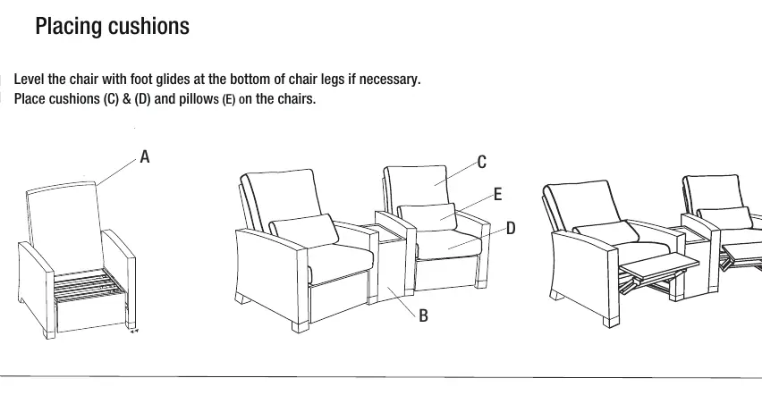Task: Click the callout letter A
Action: pos(144,157)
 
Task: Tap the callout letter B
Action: pos(423,315)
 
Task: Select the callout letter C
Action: pos(481,162)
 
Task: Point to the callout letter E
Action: pos(497,194)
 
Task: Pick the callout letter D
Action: pos(511,228)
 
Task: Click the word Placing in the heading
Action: pos(69,27)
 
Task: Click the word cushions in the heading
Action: pos(148,26)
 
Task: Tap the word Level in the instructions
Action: pos(30,79)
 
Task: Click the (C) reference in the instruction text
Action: pos(111,98)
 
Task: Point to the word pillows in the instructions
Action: pos(199,99)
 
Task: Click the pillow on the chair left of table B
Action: pos(304,231)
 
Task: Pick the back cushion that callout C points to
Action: pos(416,187)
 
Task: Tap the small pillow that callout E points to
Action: pos(428,216)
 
